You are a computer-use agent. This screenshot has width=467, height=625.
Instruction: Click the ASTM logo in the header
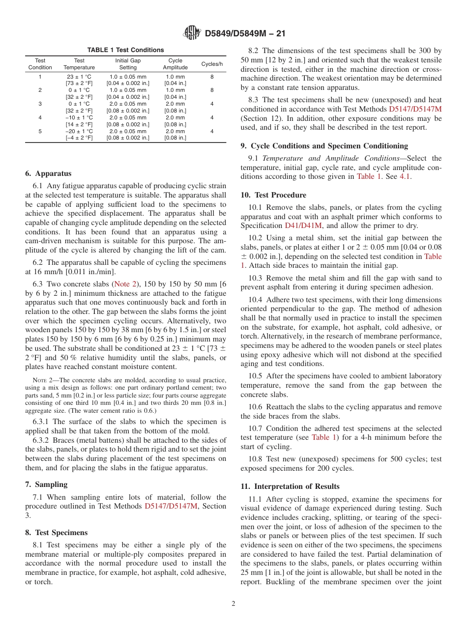tap(192, 33)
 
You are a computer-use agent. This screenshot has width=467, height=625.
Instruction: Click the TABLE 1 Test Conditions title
tap(125, 50)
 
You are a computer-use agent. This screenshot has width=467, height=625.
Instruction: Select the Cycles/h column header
tap(212, 64)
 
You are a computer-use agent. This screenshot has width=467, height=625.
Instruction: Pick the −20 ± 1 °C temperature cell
tap(79, 131)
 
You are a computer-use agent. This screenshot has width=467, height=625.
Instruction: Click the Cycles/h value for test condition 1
tap(212, 77)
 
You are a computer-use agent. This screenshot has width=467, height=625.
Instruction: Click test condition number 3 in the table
tap(40, 104)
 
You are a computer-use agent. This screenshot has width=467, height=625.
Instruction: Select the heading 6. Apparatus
tap(48, 173)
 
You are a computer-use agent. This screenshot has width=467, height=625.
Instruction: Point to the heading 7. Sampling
tap(46, 484)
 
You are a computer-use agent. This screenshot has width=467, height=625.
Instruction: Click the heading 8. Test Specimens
tap(56, 533)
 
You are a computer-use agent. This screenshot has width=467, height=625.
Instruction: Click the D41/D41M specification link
tap(303, 226)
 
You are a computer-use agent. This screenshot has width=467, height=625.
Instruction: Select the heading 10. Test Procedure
tap(273, 195)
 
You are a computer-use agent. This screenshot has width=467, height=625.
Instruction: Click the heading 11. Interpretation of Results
tap(290, 486)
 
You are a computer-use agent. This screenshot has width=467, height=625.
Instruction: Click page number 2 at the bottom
tap(233, 604)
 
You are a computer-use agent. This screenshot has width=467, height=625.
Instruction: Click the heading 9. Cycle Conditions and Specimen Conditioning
tap(324, 146)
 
